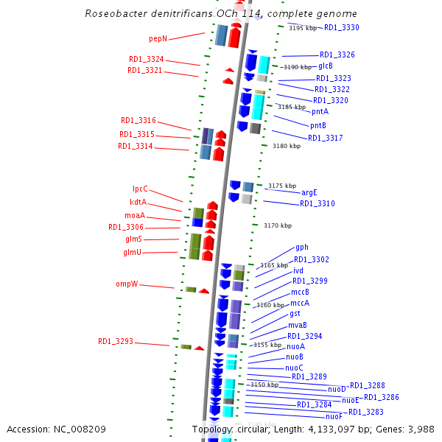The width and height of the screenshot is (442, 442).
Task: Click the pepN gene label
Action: click(x=158, y=38)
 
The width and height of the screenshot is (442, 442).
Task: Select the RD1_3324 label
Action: click(x=146, y=60)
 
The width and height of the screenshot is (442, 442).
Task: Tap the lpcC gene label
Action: click(x=140, y=189)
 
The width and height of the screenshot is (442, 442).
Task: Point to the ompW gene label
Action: click(x=127, y=284)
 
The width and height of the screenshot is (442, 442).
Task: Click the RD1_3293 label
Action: click(x=116, y=342)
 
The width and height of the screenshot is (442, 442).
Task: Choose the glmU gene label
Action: click(x=133, y=253)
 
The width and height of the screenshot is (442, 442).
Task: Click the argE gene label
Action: click(x=309, y=192)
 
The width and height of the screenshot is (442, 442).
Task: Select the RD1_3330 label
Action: click(x=342, y=27)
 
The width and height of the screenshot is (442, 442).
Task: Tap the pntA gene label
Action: click(x=320, y=112)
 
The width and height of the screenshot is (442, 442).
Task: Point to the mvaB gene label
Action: click(x=298, y=325)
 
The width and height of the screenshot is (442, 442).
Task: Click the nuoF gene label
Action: click(x=334, y=417)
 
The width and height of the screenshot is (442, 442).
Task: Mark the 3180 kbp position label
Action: click(x=287, y=147)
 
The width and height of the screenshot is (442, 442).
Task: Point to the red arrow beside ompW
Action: click(x=204, y=291)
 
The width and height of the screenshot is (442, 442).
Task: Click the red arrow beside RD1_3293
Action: click(x=199, y=348)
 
